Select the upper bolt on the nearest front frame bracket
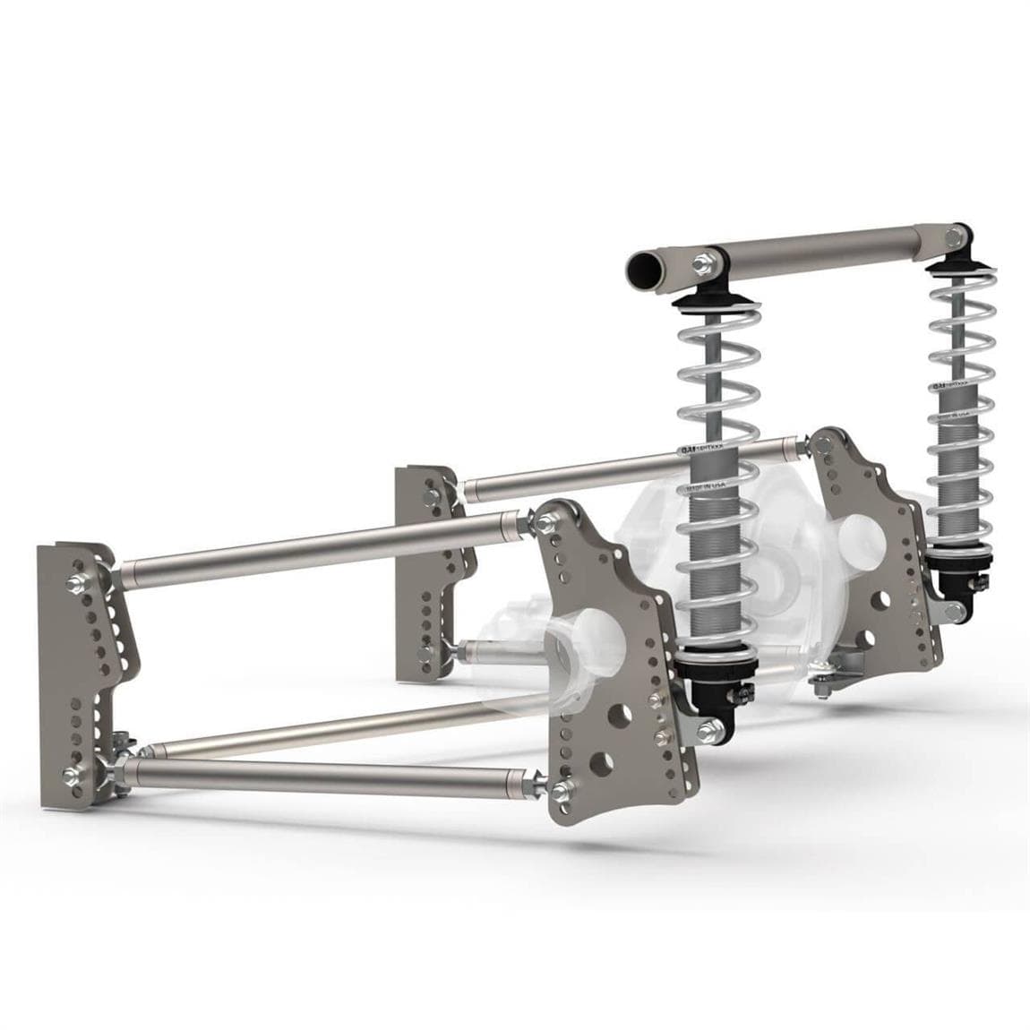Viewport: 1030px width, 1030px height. click(x=75, y=583)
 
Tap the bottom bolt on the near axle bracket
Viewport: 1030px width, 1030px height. click(x=561, y=789)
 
